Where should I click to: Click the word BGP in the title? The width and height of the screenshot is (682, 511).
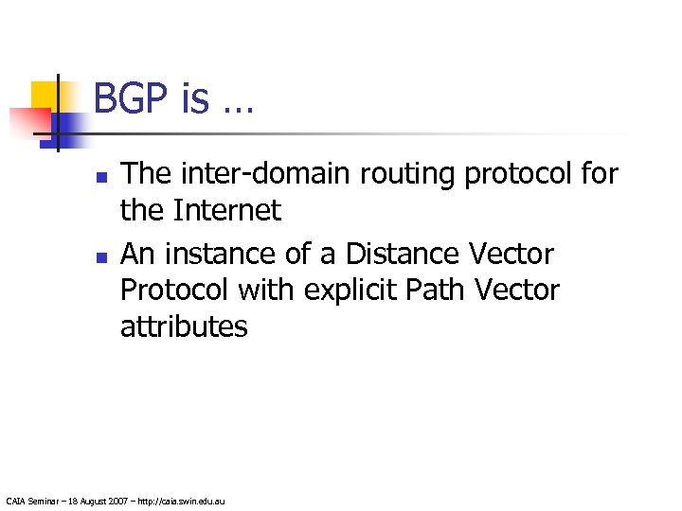[133, 97]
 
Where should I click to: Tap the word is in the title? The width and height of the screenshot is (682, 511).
[195, 97]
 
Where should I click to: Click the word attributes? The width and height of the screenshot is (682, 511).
[184, 327]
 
